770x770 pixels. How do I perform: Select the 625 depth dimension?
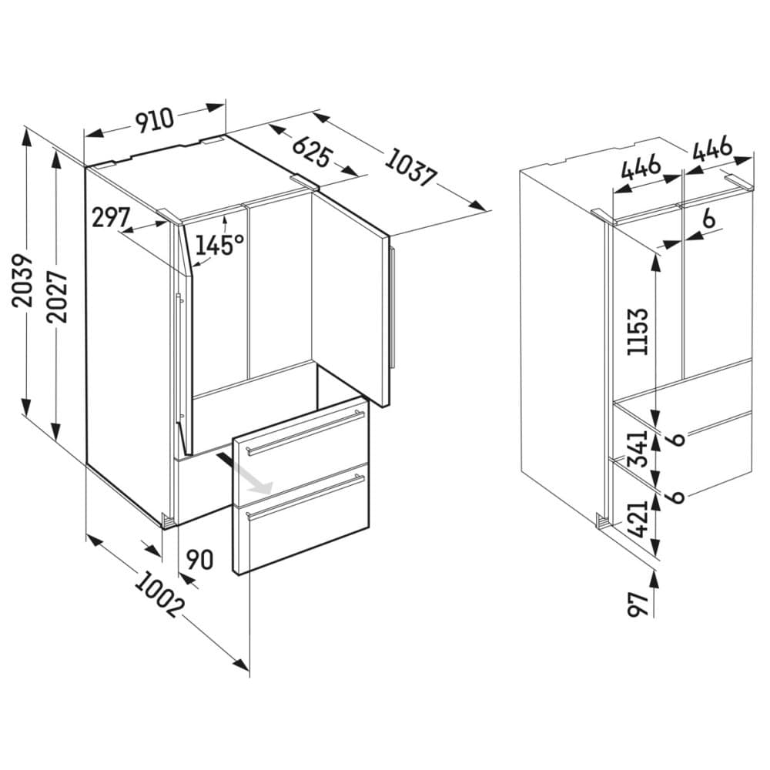311,150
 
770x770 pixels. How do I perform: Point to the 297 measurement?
111,218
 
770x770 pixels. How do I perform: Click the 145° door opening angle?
219,245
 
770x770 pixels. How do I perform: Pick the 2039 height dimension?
25,280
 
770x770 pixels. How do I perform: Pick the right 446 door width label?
711,151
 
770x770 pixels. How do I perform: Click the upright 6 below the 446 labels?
708,219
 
